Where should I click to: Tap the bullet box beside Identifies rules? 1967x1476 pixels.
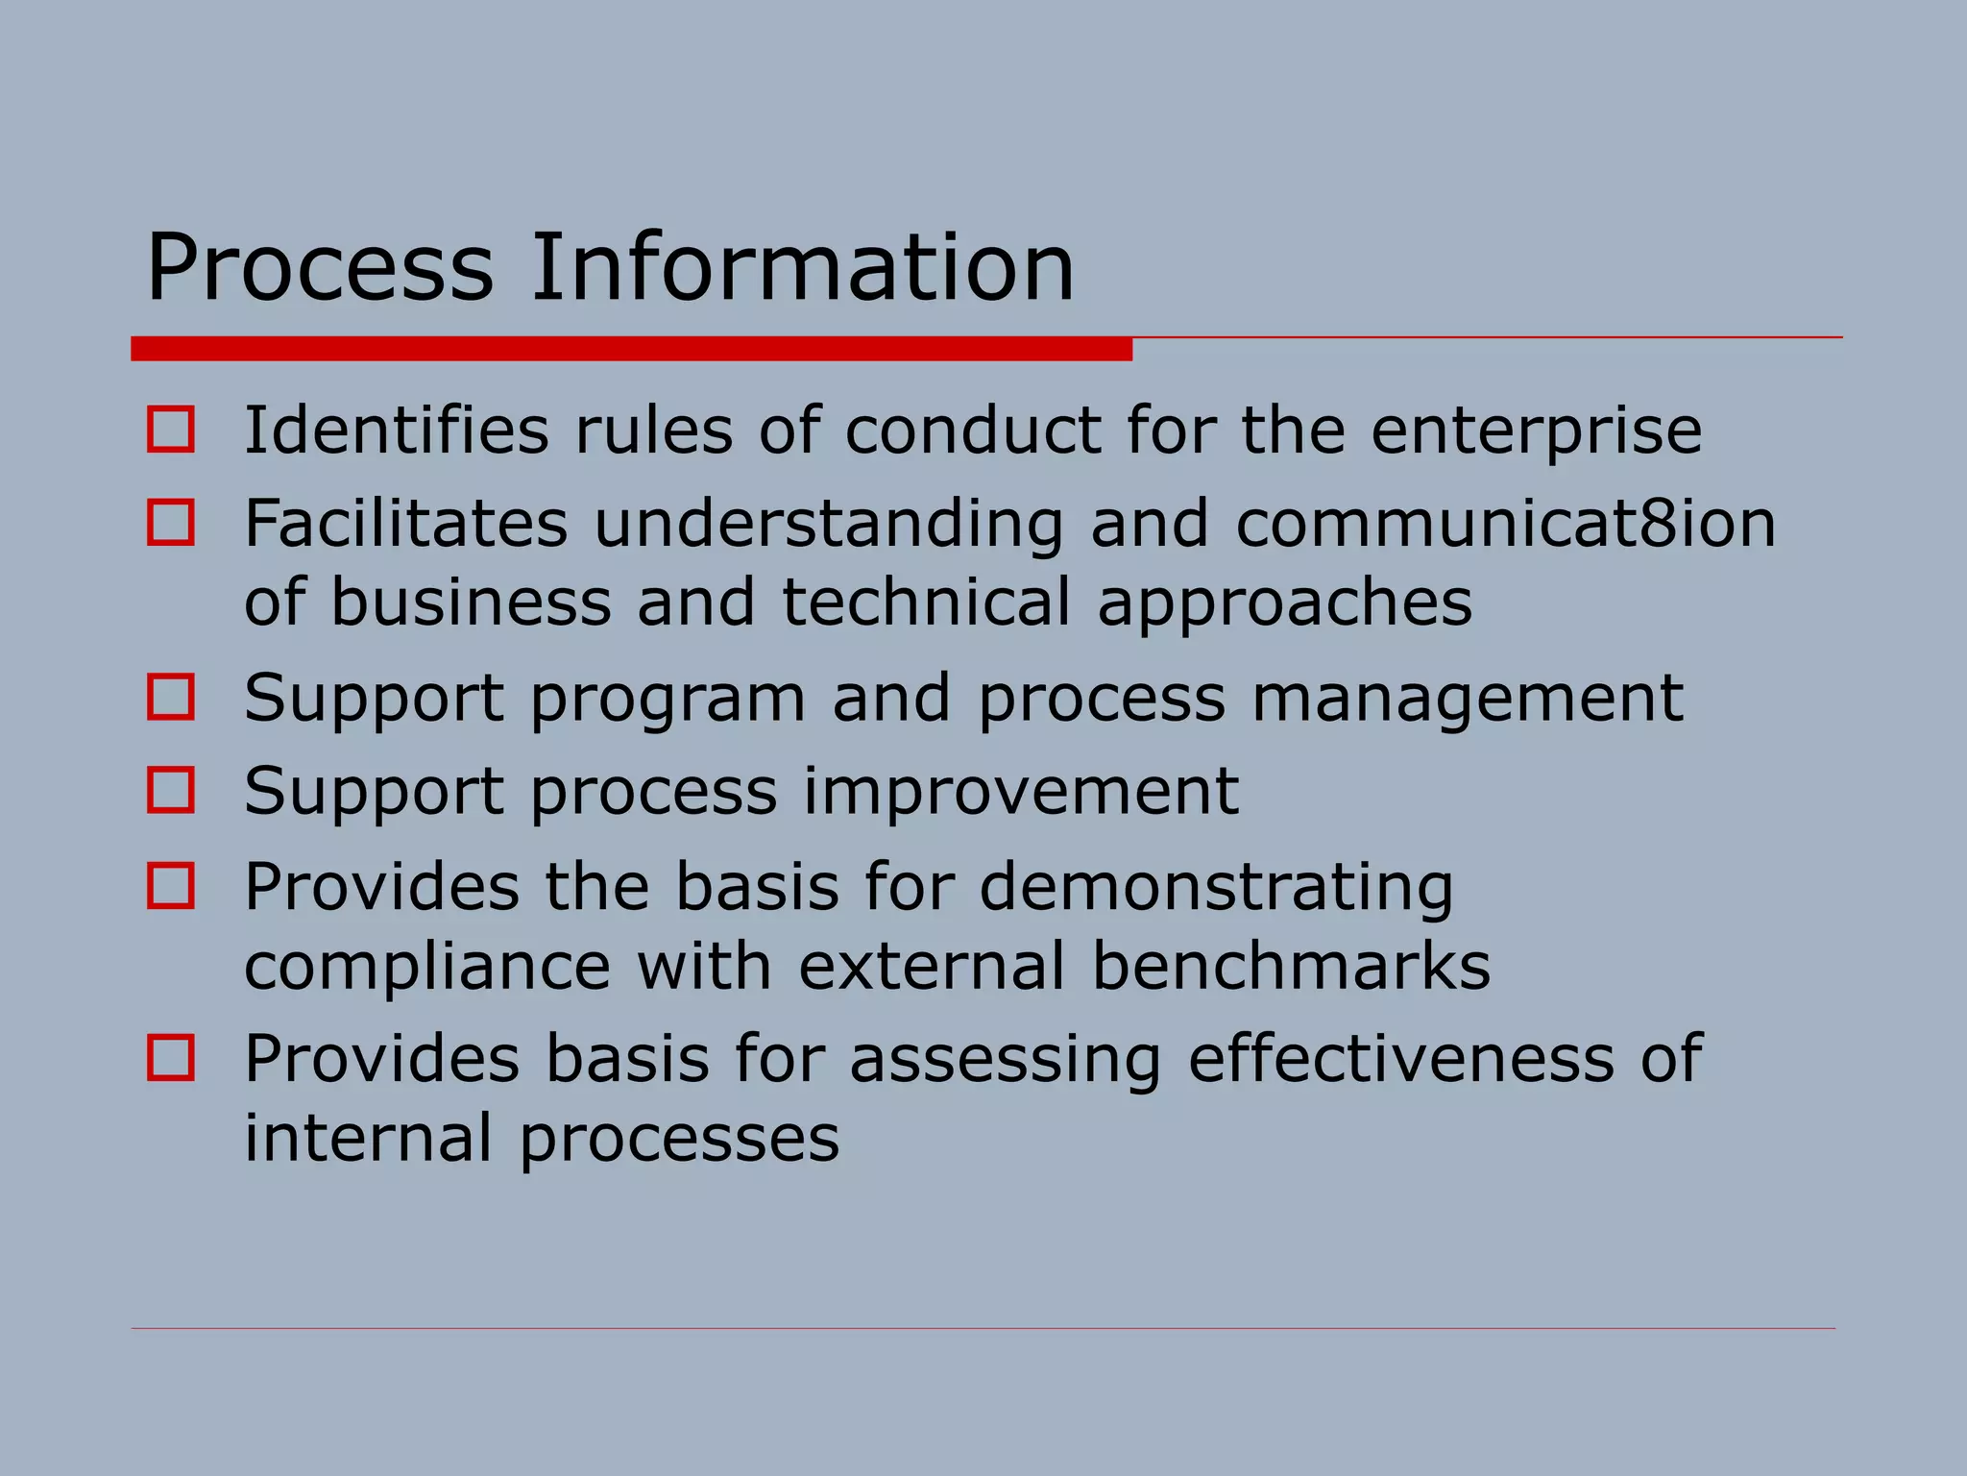click(171, 429)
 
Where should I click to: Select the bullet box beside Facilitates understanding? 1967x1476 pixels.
click(171, 522)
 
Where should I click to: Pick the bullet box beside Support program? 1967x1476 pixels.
click(171, 696)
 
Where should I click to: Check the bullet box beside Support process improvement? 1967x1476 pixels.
click(171, 790)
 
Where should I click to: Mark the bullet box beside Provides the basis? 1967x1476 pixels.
click(171, 885)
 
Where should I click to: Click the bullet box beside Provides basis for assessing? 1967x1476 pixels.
click(171, 1057)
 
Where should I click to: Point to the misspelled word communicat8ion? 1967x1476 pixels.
click(1505, 524)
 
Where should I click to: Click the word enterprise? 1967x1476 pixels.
click(1536, 431)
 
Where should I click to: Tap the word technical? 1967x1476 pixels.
click(926, 603)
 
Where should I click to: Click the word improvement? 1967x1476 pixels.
click(1020, 793)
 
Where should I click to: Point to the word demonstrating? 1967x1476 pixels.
click(1216, 888)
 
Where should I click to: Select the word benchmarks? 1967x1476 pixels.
click(1291, 966)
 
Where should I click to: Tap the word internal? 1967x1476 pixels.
click(369, 1138)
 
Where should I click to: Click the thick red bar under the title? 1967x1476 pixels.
click(631, 349)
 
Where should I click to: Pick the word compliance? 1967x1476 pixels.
click(427, 968)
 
